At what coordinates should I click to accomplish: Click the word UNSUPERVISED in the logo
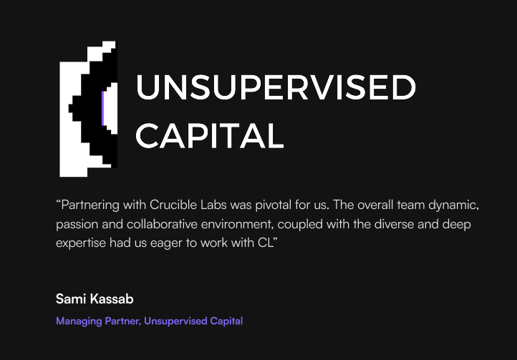[x=276, y=87]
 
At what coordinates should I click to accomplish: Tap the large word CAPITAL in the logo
[x=210, y=135]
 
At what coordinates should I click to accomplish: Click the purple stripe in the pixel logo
[x=103, y=109]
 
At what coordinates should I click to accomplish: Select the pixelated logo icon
[x=88, y=109]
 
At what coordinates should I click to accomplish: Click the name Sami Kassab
[x=95, y=299]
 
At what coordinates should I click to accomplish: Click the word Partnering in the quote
[x=90, y=205]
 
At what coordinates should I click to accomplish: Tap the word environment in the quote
[x=237, y=225]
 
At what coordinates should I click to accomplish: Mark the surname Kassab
[x=112, y=299]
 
